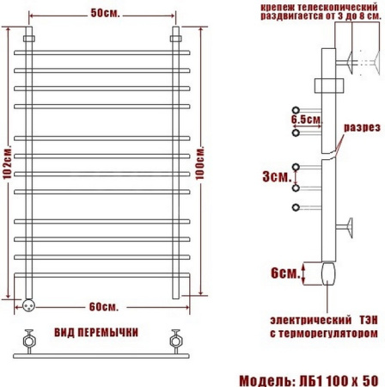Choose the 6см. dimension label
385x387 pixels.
click(x=283, y=273)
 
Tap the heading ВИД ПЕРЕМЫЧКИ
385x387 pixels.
click(x=102, y=331)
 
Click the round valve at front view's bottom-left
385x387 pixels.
click(x=29, y=303)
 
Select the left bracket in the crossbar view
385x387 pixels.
click(x=28, y=337)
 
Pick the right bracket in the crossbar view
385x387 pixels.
click(x=177, y=337)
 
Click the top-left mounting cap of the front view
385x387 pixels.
click(x=28, y=40)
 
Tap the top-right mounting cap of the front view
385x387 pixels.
click(x=177, y=40)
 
